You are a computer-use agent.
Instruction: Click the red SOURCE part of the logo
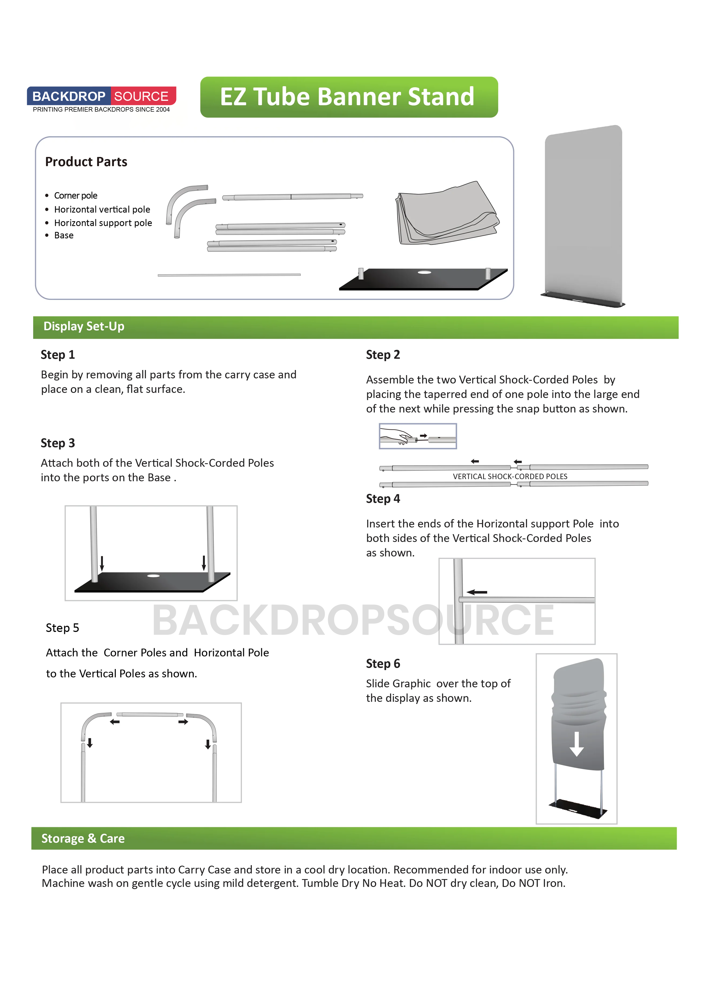point(142,96)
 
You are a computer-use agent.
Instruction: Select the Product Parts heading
point(86,162)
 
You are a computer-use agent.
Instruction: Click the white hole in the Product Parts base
point(424,272)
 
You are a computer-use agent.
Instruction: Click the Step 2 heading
point(383,355)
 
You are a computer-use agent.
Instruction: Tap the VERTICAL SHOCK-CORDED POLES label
point(510,476)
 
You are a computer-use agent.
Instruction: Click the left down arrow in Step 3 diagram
point(102,563)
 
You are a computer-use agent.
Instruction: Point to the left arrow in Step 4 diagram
point(477,592)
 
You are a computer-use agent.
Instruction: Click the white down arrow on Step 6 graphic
point(576,744)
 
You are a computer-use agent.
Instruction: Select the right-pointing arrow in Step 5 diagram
point(183,722)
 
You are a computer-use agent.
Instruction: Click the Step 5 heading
point(62,628)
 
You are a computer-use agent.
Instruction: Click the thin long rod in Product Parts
point(229,275)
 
